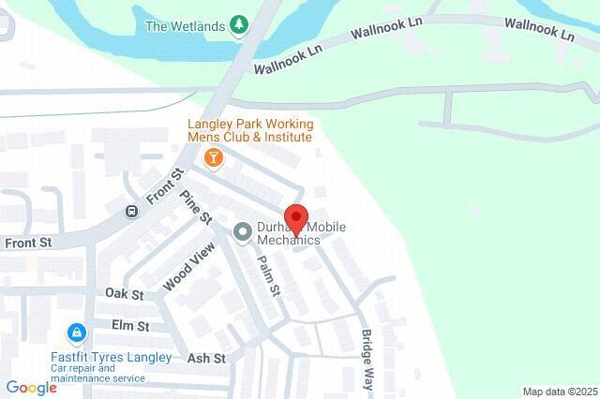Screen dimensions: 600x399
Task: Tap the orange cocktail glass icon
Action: [x=214, y=156]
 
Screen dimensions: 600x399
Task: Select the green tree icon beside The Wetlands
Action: [x=241, y=26]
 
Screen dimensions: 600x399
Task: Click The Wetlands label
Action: [x=185, y=26]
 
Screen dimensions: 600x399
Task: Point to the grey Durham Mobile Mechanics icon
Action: [x=242, y=230]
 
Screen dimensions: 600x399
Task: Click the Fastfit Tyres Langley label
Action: [x=111, y=358]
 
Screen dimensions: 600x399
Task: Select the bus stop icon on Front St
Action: [x=132, y=211]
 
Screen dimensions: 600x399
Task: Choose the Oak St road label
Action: [x=124, y=294]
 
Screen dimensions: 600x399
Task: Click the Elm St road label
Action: [x=130, y=326]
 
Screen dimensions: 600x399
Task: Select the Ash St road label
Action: [x=206, y=358]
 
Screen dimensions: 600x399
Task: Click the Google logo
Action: [x=31, y=388]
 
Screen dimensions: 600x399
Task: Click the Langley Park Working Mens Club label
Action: [x=249, y=130]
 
